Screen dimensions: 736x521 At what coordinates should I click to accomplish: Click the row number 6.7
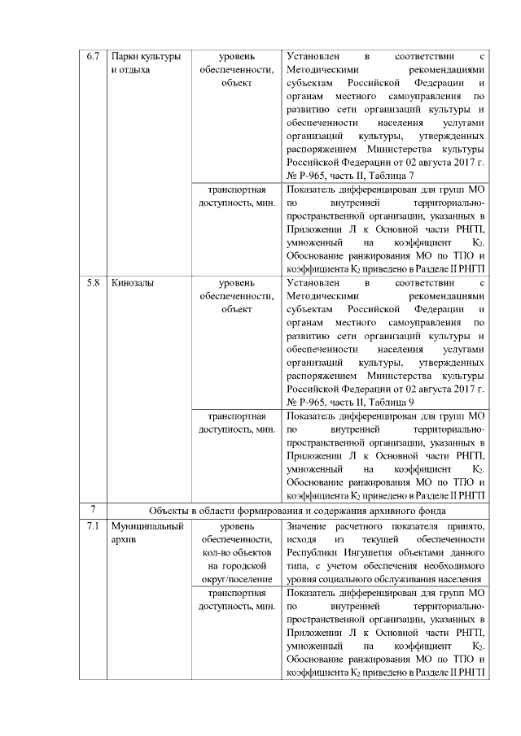coord(92,57)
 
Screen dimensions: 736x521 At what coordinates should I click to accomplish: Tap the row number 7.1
coord(92,528)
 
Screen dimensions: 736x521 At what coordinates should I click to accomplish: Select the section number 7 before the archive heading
coord(92,511)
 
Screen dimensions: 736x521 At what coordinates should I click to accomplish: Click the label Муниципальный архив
coord(147,533)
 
